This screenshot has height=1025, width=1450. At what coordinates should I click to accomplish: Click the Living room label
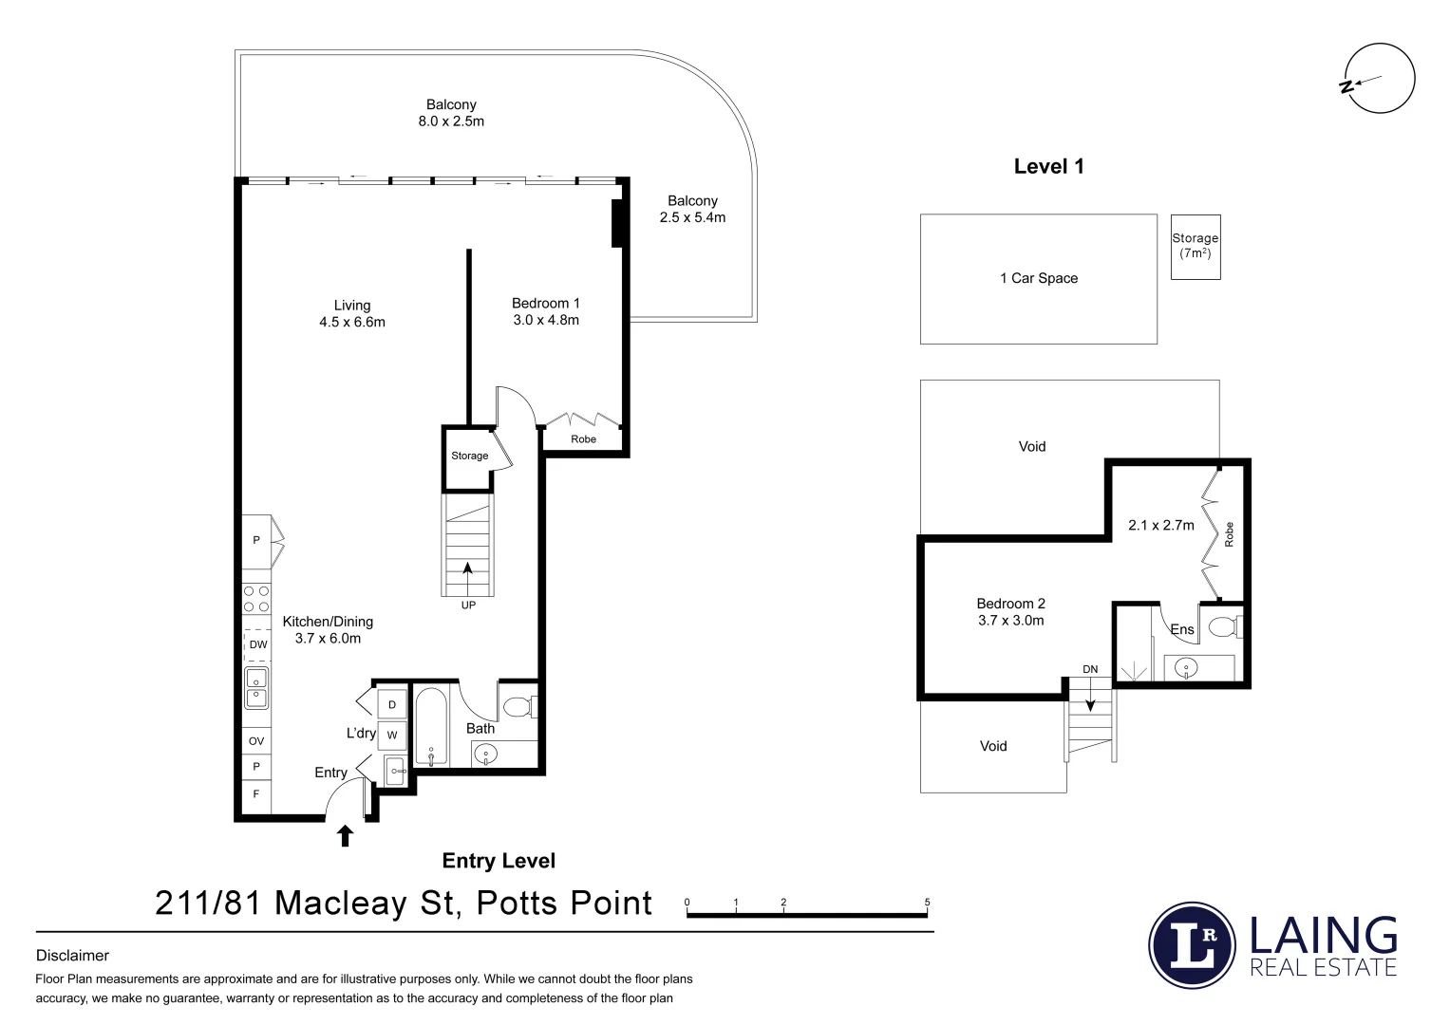[351, 313]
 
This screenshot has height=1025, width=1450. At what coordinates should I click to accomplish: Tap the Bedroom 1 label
[545, 311]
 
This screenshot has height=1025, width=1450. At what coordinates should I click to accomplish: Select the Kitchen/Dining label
[328, 629]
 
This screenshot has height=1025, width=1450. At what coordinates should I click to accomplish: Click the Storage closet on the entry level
[469, 457]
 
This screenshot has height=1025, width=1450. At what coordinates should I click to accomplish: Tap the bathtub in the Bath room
[431, 726]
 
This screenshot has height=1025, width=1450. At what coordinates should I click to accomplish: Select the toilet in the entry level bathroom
[518, 707]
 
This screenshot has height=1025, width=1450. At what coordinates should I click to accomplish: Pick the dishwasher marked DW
[257, 645]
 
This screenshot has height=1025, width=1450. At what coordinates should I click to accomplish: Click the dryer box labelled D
[392, 705]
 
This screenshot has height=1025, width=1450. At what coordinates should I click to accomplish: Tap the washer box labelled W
[392, 735]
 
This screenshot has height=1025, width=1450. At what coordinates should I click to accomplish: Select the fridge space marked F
[256, 794]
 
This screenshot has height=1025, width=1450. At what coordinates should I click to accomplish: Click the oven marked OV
[256, 741]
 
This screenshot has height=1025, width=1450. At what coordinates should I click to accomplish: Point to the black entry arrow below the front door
[346, 835]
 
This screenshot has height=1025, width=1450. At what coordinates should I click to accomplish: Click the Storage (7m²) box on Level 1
[1195, 246]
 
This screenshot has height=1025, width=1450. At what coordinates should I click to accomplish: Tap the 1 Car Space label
[1039, 278]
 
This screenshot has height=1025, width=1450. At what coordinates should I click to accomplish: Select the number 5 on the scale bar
[927, 903]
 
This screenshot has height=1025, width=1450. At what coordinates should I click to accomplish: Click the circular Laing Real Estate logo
[1192, 945]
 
